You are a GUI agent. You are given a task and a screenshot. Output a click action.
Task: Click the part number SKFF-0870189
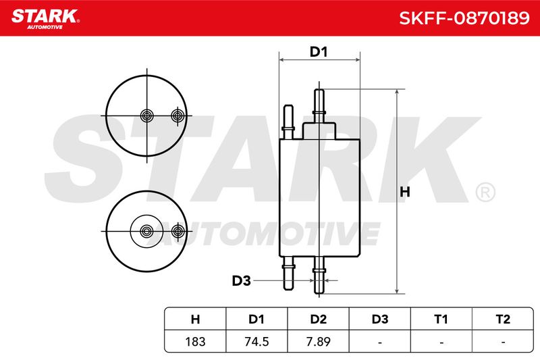[x=464, y=18]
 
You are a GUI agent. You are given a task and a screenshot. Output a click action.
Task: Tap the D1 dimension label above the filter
[x=319, y=52]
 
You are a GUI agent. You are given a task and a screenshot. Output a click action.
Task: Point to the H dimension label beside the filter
[x=405, y=192]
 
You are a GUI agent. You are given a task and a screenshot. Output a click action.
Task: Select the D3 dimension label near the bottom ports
[x=241, y=281]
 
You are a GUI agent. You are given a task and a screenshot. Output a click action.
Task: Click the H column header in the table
[x=195, y=319]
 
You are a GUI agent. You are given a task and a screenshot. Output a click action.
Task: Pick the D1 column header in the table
[x=256, y=319]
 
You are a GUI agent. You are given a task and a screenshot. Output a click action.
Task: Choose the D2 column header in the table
[x=318, y=319]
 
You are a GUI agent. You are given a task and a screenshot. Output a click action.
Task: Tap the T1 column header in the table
[x=441, y=319]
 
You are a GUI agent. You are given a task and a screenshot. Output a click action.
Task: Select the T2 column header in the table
[x=503, y=319]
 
